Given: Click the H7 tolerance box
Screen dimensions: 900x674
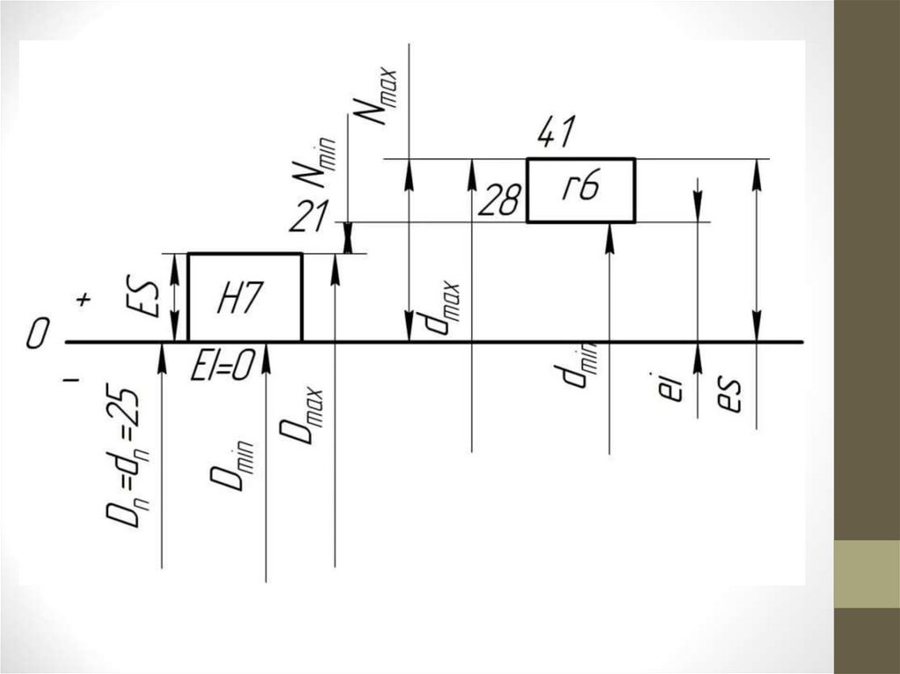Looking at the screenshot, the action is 244,297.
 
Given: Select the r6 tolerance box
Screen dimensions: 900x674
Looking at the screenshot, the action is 580,191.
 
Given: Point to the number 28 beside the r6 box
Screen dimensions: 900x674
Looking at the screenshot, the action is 497,201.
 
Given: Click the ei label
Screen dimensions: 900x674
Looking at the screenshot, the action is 670,388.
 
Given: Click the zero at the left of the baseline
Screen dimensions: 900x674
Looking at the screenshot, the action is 36,335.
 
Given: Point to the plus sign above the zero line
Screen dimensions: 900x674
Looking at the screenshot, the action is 84,301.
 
